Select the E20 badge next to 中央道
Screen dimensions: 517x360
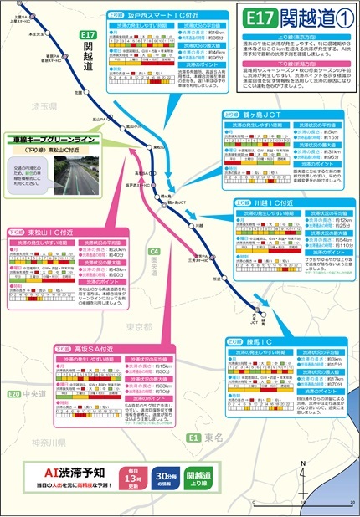[12, 393]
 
